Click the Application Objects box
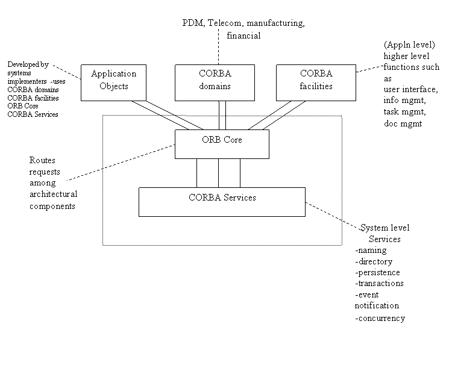click(x=113, y=83)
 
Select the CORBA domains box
click(x=215, y=83)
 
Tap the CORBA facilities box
click(x=316, y=83)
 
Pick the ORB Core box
click(x=222, y=144)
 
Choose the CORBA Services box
click(x=222, y=202)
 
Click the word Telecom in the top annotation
click(x=225, y=23)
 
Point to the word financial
click(x=243, y=36)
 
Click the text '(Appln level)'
click(x=409, y=45)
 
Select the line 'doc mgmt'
click(x=403, y=123)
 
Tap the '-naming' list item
click(x=371, y=251)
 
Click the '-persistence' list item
click(x=377, y=272)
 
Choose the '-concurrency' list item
click(x=380, y=318)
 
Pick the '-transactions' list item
click(x=379, y=284)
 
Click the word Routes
click(x=42, y=160)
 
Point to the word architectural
click(x=53, y=194)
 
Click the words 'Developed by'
click(x=28, y=64)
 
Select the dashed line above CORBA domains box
click(x=219, y=46)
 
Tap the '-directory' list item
click(x=374, y=261)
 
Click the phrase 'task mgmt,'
click(x=404, y=112)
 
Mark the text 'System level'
click(x=385, y=228)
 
